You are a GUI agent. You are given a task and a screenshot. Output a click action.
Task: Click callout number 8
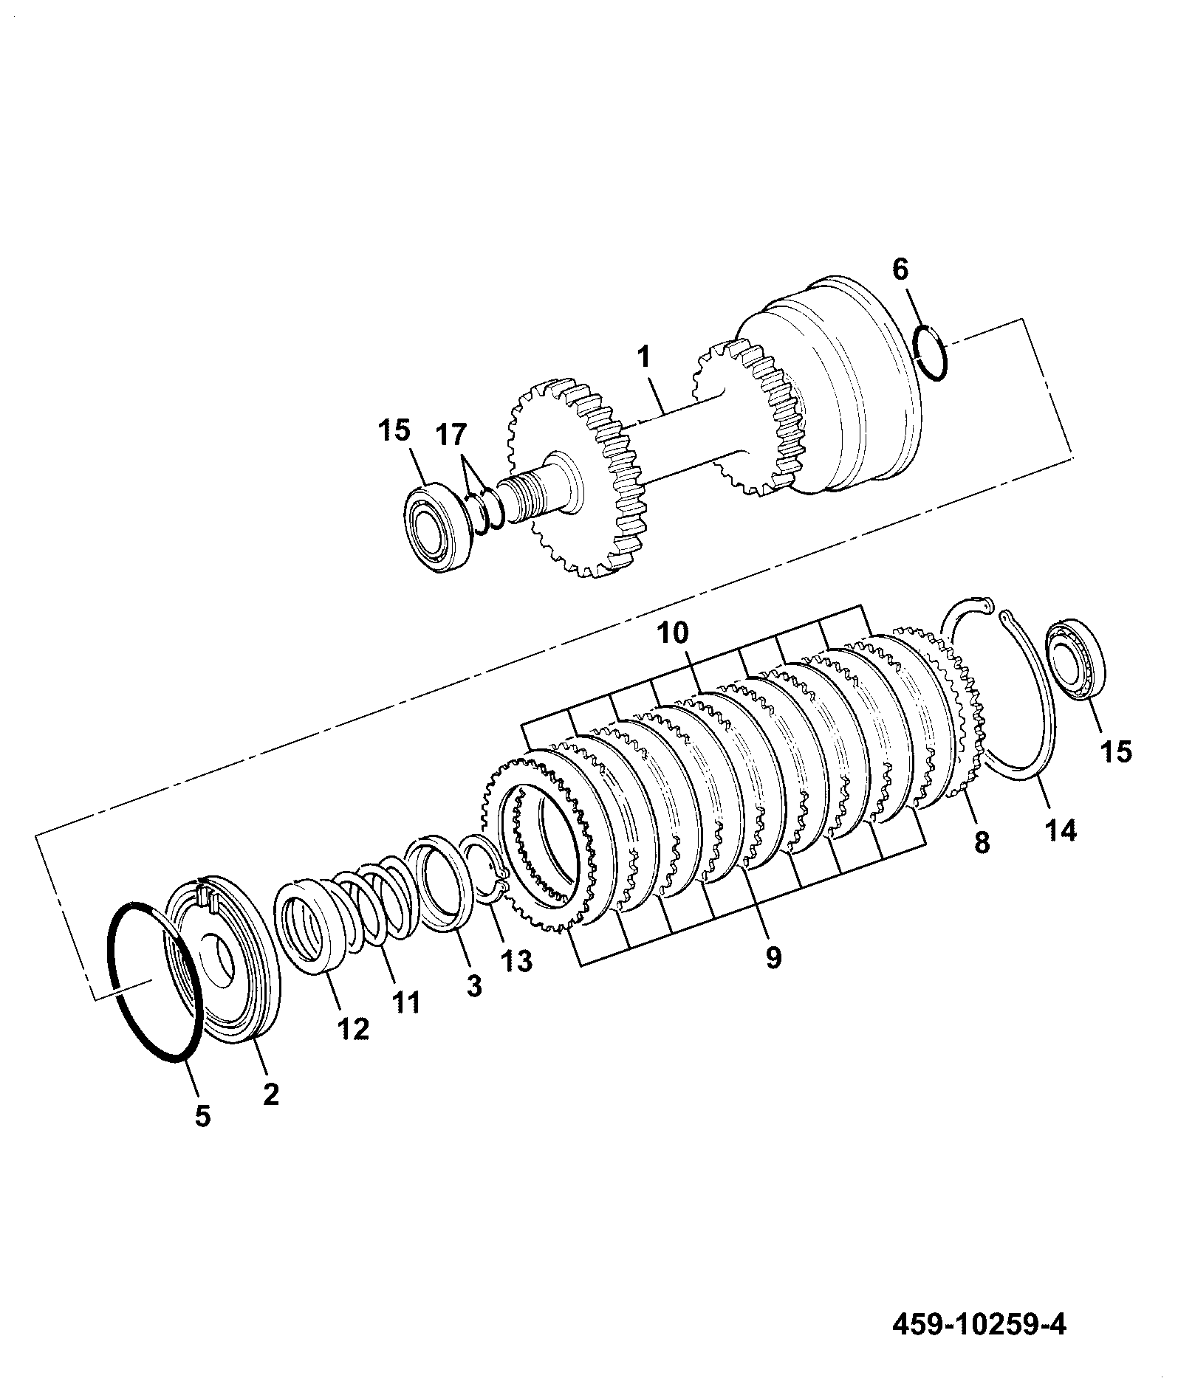981,842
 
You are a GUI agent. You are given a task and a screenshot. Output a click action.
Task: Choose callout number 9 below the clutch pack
773,957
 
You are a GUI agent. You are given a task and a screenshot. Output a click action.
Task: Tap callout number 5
203,1136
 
